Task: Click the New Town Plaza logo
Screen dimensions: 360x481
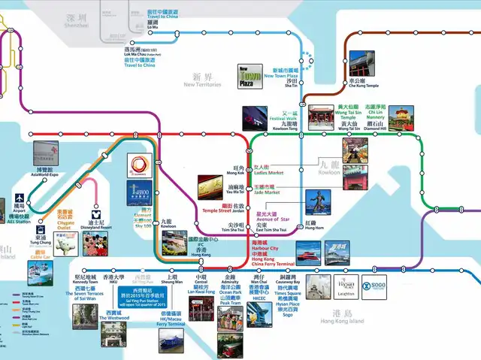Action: pyautogui.click(x=249, y=75)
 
